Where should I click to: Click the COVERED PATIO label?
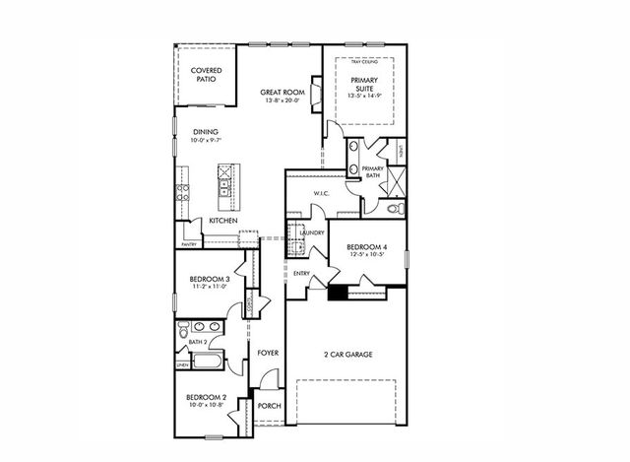206,74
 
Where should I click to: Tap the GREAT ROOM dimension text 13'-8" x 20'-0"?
283,100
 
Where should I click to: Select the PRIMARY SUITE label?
365,87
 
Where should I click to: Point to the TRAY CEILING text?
365,62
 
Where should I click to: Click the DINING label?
206,132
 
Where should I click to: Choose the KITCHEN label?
222,221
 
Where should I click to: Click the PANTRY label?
188,244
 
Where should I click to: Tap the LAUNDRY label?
312,232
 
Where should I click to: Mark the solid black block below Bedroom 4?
338,292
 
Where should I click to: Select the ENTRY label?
301,273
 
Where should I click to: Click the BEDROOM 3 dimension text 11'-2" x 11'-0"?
209,289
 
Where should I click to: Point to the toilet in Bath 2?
182,335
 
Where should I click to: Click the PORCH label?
268,406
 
